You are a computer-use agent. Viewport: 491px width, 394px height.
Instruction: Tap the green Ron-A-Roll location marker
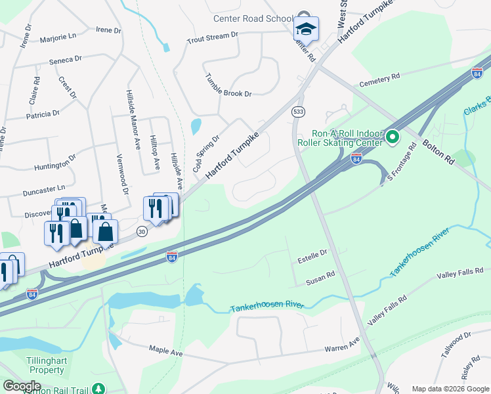[x=393, y=137]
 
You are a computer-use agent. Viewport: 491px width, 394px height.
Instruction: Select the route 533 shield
[x=299, y=112]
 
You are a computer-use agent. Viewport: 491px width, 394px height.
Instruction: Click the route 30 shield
[x=141, y=231]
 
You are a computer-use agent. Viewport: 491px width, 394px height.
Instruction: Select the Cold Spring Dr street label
[x=205, y=154]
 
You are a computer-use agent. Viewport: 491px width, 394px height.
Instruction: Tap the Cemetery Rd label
[x=379, y=79]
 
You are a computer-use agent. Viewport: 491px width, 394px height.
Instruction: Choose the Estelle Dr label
[x=312, y=253]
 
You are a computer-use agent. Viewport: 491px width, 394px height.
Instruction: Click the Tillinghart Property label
[x=45, y=366]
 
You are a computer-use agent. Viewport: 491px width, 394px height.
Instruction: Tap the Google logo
[x=22, y=386]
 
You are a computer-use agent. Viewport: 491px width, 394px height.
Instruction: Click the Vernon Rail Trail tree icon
[x=98, y=389]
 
